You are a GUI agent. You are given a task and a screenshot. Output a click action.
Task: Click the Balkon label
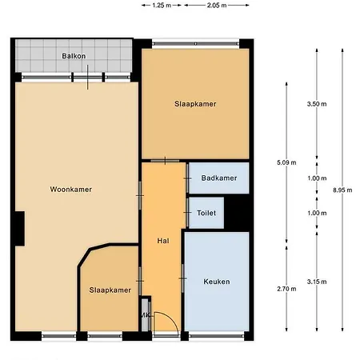pos(74,56)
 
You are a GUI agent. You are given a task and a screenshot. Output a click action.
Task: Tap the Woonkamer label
pos(70,190)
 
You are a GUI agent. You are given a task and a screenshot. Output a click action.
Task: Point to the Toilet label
pos(205,213)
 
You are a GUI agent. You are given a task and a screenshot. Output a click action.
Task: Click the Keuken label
pos(216,282)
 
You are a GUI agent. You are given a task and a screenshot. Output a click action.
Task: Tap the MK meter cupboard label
pos(145,315)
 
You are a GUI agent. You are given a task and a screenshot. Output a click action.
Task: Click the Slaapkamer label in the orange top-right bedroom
pos(195,104)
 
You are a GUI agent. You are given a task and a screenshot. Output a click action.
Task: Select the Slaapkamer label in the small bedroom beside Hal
pos(110,290)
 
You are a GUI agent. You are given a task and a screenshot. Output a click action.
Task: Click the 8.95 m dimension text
pos(341,190)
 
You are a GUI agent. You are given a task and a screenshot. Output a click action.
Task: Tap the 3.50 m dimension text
pos(318,104)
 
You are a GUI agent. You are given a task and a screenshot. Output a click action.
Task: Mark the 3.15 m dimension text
pos(318,282)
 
